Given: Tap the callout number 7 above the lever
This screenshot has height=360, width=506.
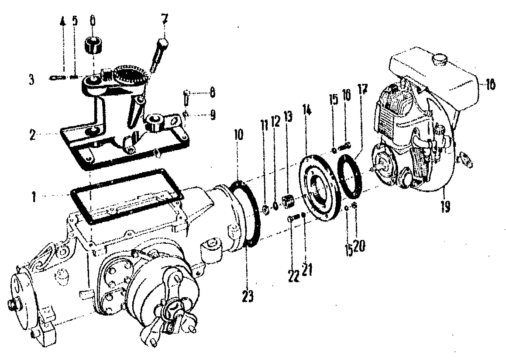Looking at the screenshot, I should (x=164, y=20).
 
